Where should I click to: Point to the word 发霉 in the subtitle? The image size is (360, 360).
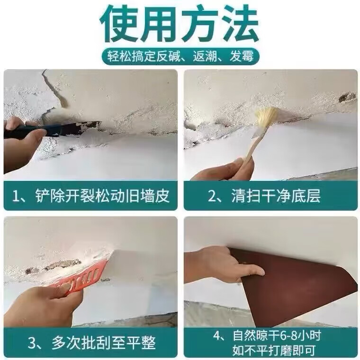point(242,56)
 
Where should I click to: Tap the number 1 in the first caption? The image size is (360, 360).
point(16,196)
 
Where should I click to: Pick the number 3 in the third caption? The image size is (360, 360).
point(32,342)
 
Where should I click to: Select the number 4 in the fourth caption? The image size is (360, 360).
point(217,336)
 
